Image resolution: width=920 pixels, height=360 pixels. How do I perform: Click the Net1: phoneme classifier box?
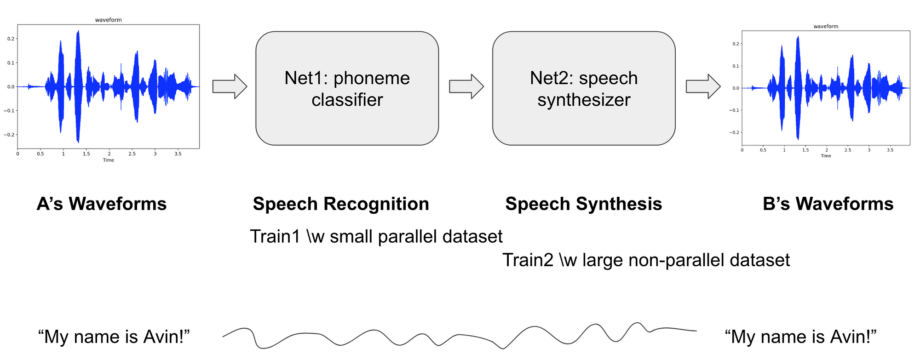(347, 88)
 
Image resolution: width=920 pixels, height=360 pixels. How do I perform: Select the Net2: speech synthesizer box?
(583, 88)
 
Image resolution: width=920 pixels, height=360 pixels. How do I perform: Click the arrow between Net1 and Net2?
(466, 86)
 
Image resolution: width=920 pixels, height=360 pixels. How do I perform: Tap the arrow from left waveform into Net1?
(230, 86)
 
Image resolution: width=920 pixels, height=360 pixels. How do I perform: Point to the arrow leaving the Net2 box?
(703, 86)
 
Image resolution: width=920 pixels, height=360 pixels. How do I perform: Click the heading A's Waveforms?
(102, 204)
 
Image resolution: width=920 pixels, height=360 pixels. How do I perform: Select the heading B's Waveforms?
(828, 204)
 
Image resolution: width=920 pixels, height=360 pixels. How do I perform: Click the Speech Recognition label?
(341, 204)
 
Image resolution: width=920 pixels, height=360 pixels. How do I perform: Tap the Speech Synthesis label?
(583, 204)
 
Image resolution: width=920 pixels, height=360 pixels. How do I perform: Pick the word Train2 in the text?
(527, 260)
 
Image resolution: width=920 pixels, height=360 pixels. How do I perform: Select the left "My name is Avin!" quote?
(114, 337)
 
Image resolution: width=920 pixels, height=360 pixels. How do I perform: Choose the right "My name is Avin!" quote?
(800, 337)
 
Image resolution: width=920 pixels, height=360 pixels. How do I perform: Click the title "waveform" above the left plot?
(108, 20)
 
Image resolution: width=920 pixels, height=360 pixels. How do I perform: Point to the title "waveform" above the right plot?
(826, 26)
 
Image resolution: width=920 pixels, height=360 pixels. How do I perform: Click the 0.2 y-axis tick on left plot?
(11, 39)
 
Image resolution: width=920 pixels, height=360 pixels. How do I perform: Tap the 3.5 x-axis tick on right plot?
(890, 150)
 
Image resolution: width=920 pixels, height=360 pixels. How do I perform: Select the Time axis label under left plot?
(108, 160)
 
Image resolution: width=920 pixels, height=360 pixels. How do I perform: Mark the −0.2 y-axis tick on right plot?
(734, 132)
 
